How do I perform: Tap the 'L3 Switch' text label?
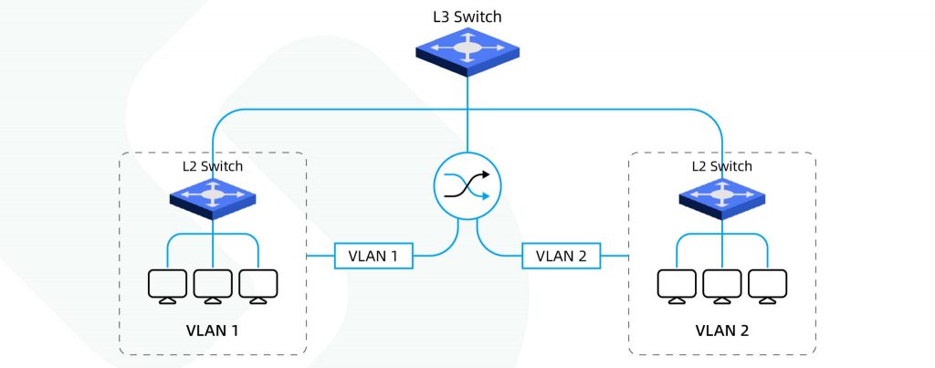(468, 16)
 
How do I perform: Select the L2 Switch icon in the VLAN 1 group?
(213, 195)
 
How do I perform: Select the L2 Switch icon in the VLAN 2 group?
(722, 195)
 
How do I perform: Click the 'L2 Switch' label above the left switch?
(213, 166)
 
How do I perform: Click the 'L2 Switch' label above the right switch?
(722, 166)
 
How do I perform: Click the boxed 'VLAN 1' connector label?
(373, 257)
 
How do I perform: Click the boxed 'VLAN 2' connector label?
(562, 257)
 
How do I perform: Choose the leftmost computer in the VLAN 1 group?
(167, 286)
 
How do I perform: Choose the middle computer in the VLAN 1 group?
(213, 286)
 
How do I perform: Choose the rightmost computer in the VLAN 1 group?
(257, 286)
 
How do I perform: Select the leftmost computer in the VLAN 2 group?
(677, 286)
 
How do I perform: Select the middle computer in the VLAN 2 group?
(722, 286)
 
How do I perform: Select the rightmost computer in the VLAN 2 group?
(767, 286)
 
